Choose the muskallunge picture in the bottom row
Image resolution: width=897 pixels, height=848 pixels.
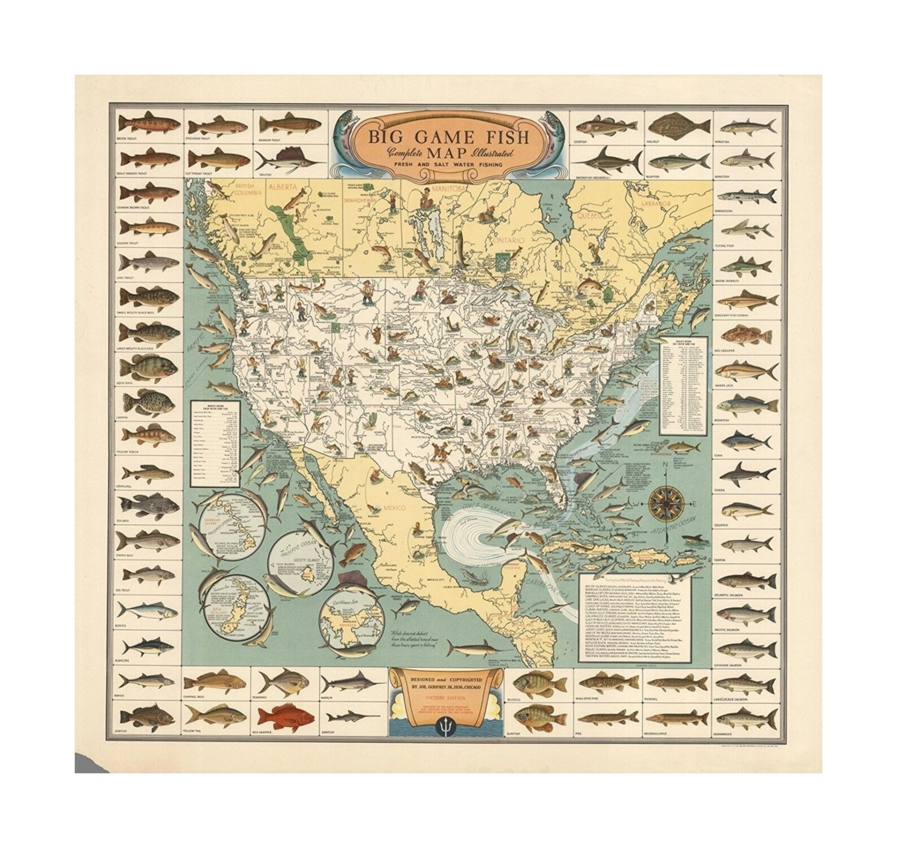pos(676,718)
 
